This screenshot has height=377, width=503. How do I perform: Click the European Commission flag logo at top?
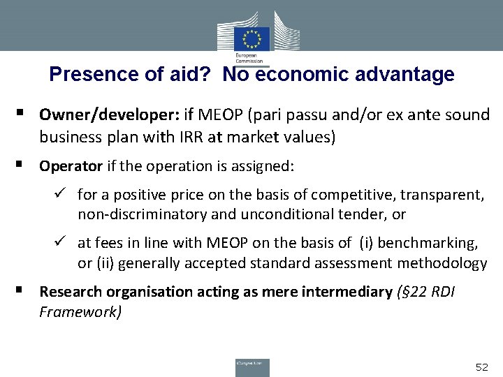pos(251,38)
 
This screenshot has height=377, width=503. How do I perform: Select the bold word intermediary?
pos(347,291)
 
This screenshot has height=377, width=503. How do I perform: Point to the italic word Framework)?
pos(80,311)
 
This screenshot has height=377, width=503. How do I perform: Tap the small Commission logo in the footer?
pos(251,367)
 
